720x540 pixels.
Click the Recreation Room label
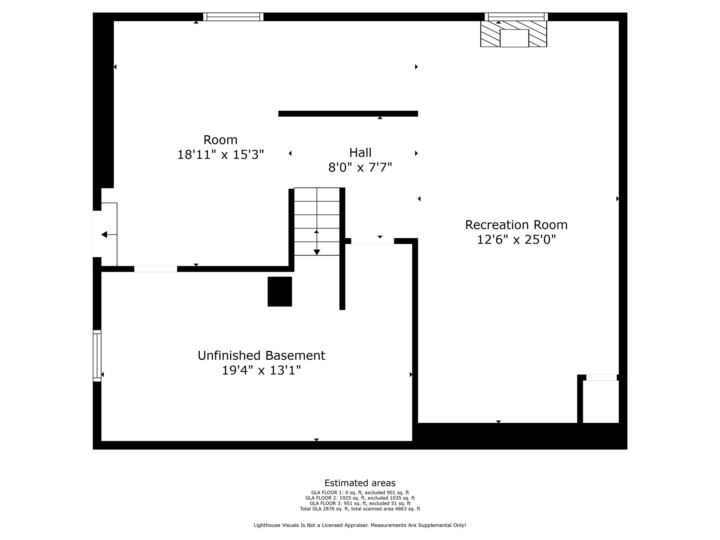(516, 225)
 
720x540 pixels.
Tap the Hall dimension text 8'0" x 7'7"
(360, 167)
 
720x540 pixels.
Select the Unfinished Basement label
(261, 355)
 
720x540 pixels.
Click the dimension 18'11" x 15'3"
(220, 155)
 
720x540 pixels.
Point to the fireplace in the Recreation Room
(514, 35)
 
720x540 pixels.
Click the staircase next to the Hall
(317, 221)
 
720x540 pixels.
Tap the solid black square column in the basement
(280, 291)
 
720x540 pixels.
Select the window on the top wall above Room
(233, 17)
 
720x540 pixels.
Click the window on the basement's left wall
(97, 356)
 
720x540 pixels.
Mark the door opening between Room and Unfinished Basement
(155, 269)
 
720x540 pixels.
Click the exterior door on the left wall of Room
(97, 234)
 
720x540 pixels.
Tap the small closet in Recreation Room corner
(600, 401)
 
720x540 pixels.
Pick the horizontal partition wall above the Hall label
(348, 114)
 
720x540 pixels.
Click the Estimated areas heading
(360, 483)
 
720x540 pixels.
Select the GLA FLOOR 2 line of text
(360, 498)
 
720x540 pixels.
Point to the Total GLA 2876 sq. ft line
(360, 509)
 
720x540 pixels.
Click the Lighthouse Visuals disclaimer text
(360, 525)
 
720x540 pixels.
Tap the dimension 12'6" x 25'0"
(516, 240)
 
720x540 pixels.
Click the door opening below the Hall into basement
(372, 241)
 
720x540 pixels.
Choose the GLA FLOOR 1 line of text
(360, 493)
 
